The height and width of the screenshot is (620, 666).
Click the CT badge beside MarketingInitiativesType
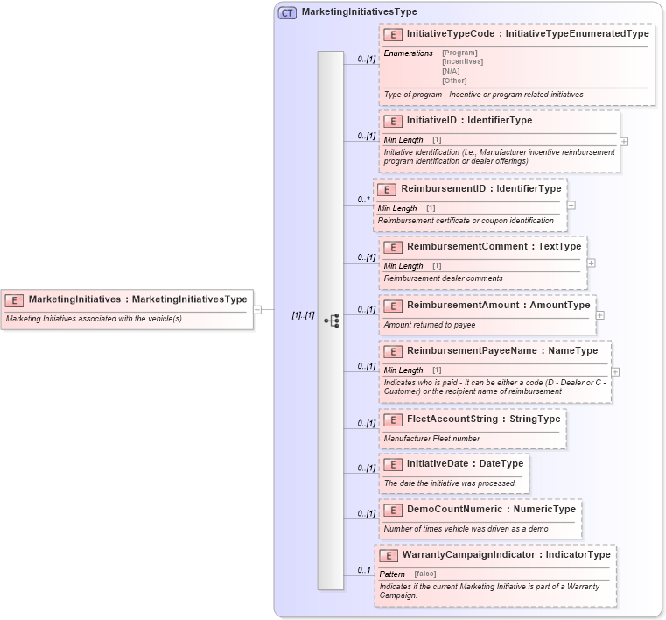[287, 12]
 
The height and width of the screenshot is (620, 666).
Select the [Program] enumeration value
[459, 53]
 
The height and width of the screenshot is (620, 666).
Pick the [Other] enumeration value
[454, 81]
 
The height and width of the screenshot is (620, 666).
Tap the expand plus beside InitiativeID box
[624, 140]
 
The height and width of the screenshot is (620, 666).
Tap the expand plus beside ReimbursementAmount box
[599, 314]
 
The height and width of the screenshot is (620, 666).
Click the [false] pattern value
[425, 574]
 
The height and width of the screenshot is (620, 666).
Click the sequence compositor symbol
[331, 321]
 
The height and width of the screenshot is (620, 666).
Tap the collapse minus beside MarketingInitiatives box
[257, 309]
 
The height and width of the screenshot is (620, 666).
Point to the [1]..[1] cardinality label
[303, 314]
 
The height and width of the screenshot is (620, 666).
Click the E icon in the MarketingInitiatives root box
[14, 299]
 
